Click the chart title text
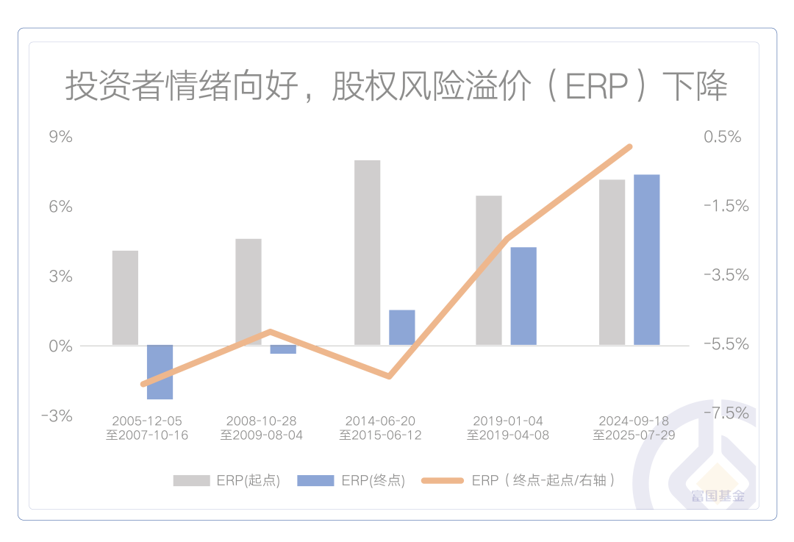coord(396,87)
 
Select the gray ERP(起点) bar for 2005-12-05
coord(125,298)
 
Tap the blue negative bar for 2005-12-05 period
coord(160,372)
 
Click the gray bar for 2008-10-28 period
coord(248,292)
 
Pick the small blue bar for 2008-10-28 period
coord(283,349)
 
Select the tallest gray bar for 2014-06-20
coord(367,252)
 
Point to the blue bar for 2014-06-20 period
coord(402,327)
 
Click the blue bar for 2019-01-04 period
coord(523,296)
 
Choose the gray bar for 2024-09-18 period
coord(612,262)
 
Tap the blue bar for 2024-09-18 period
coord(647,260)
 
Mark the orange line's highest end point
coord(630,147)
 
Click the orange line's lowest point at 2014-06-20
coord(389,377)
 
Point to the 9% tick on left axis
coord(61,137)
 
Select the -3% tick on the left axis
coord(57,416)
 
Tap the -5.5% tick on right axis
coord(726,344)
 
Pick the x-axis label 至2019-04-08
coord(508,435)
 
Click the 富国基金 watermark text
coord(718,495)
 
